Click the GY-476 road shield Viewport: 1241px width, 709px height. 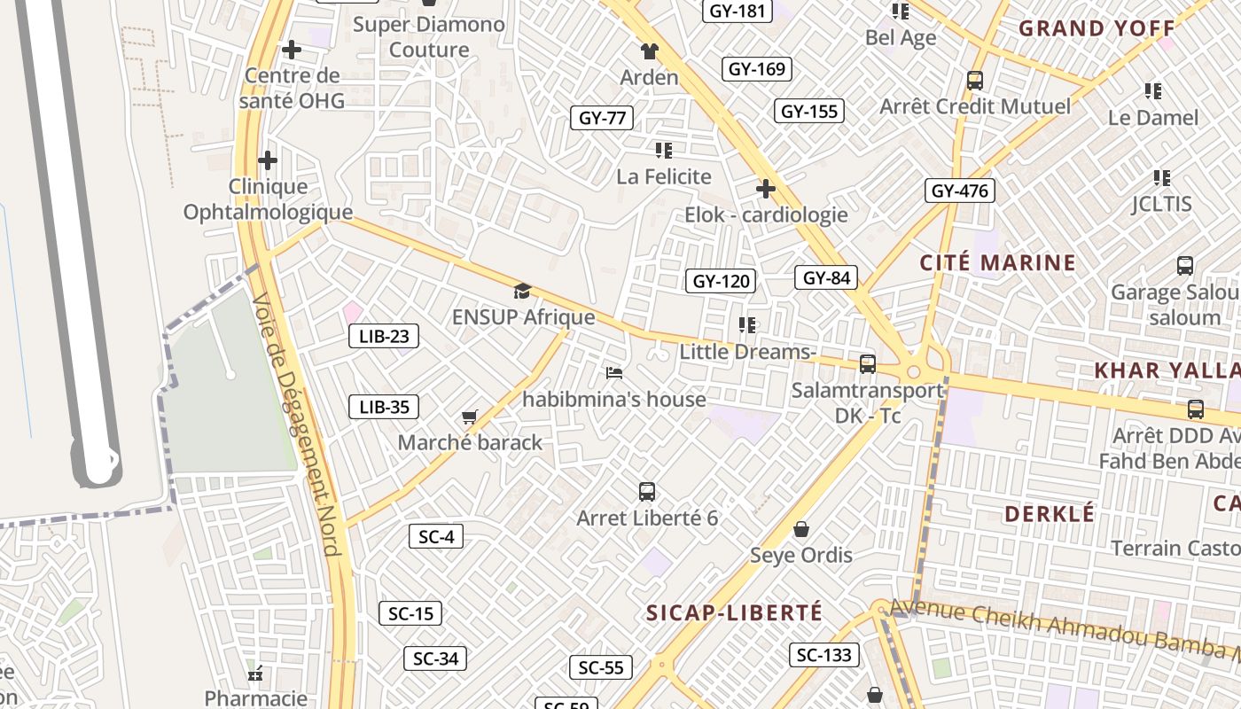pyautogui.click(x=960, y=191)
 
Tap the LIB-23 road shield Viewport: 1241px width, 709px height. pyautogui.click(x=383, y=336)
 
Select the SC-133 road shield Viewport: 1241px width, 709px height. pyautogui.click(x=824, y=655)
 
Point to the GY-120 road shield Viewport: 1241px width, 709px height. pyautogui.click(x=721, y=282)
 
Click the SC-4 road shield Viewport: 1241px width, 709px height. pyautogui.click(x=436, y=536)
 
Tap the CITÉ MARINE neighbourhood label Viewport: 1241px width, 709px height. pyautogui.click(x=997, y=262)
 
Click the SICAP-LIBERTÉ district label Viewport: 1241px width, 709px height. pyautogui.click(x=734, y=612)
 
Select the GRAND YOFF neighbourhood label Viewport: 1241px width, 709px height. pyautogui.click(x=1097, y=28)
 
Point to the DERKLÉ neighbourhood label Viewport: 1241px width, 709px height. pyautogui.click(x=1050, y=514)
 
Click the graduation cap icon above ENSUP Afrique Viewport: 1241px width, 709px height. pyautogui.click(x=522, y=291)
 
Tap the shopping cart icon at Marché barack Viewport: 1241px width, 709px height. pyautogui.click(x=470, y=417)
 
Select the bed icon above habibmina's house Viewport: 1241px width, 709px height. pyautogui.click(x=613, y=373)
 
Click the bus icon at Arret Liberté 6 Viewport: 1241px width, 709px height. pyautogui.click(x=647, y=491)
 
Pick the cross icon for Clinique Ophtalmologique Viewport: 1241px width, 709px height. pyautogui.click(x=268, y=160)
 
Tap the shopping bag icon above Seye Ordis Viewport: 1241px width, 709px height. pyautogui.click(x=801, y=529)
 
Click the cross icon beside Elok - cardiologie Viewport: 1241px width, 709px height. pyautogui.click(x=766, y=188)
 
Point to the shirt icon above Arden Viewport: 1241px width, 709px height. pyautogui.click(x=650, y=51)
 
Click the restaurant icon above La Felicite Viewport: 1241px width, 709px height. pyautogui.click(x=664, y=151)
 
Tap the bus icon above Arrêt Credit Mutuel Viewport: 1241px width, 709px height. pyautogui.click(x=975, y=81)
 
